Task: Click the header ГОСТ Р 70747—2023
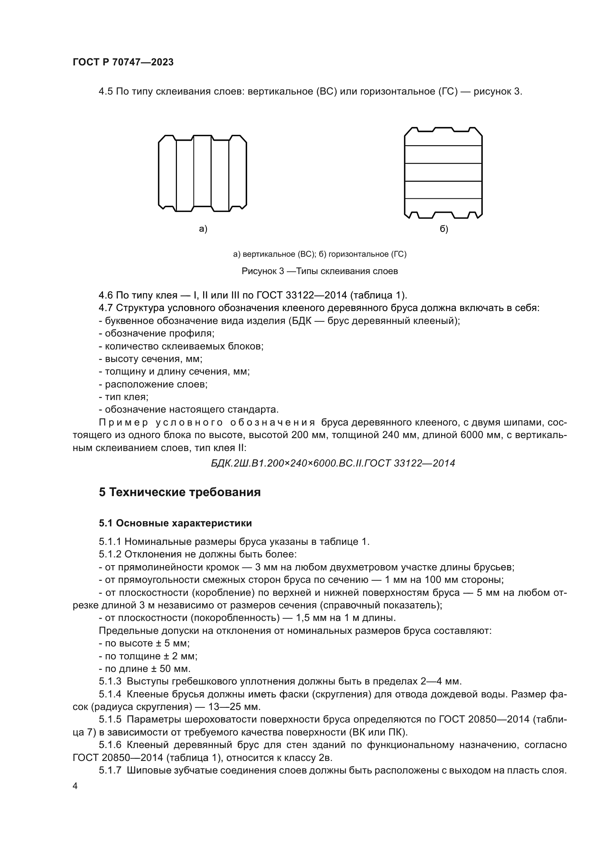point(123,62)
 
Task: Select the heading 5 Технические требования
point(180,492)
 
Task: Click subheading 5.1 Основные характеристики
point(175,523)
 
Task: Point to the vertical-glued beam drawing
point(202,173)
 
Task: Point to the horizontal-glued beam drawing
point(443,173)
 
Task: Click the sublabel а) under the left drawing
point(203,229)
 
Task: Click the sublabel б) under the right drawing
point(444,229)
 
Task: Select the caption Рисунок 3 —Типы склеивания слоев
point(320,271)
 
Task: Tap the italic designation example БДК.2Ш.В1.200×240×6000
point(333,463)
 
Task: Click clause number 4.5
point(106,92)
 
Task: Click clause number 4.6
point(106,295)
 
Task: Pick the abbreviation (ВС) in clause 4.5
point(326,92)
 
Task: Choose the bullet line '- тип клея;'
point(123,397)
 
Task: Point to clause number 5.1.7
point(110,770)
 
